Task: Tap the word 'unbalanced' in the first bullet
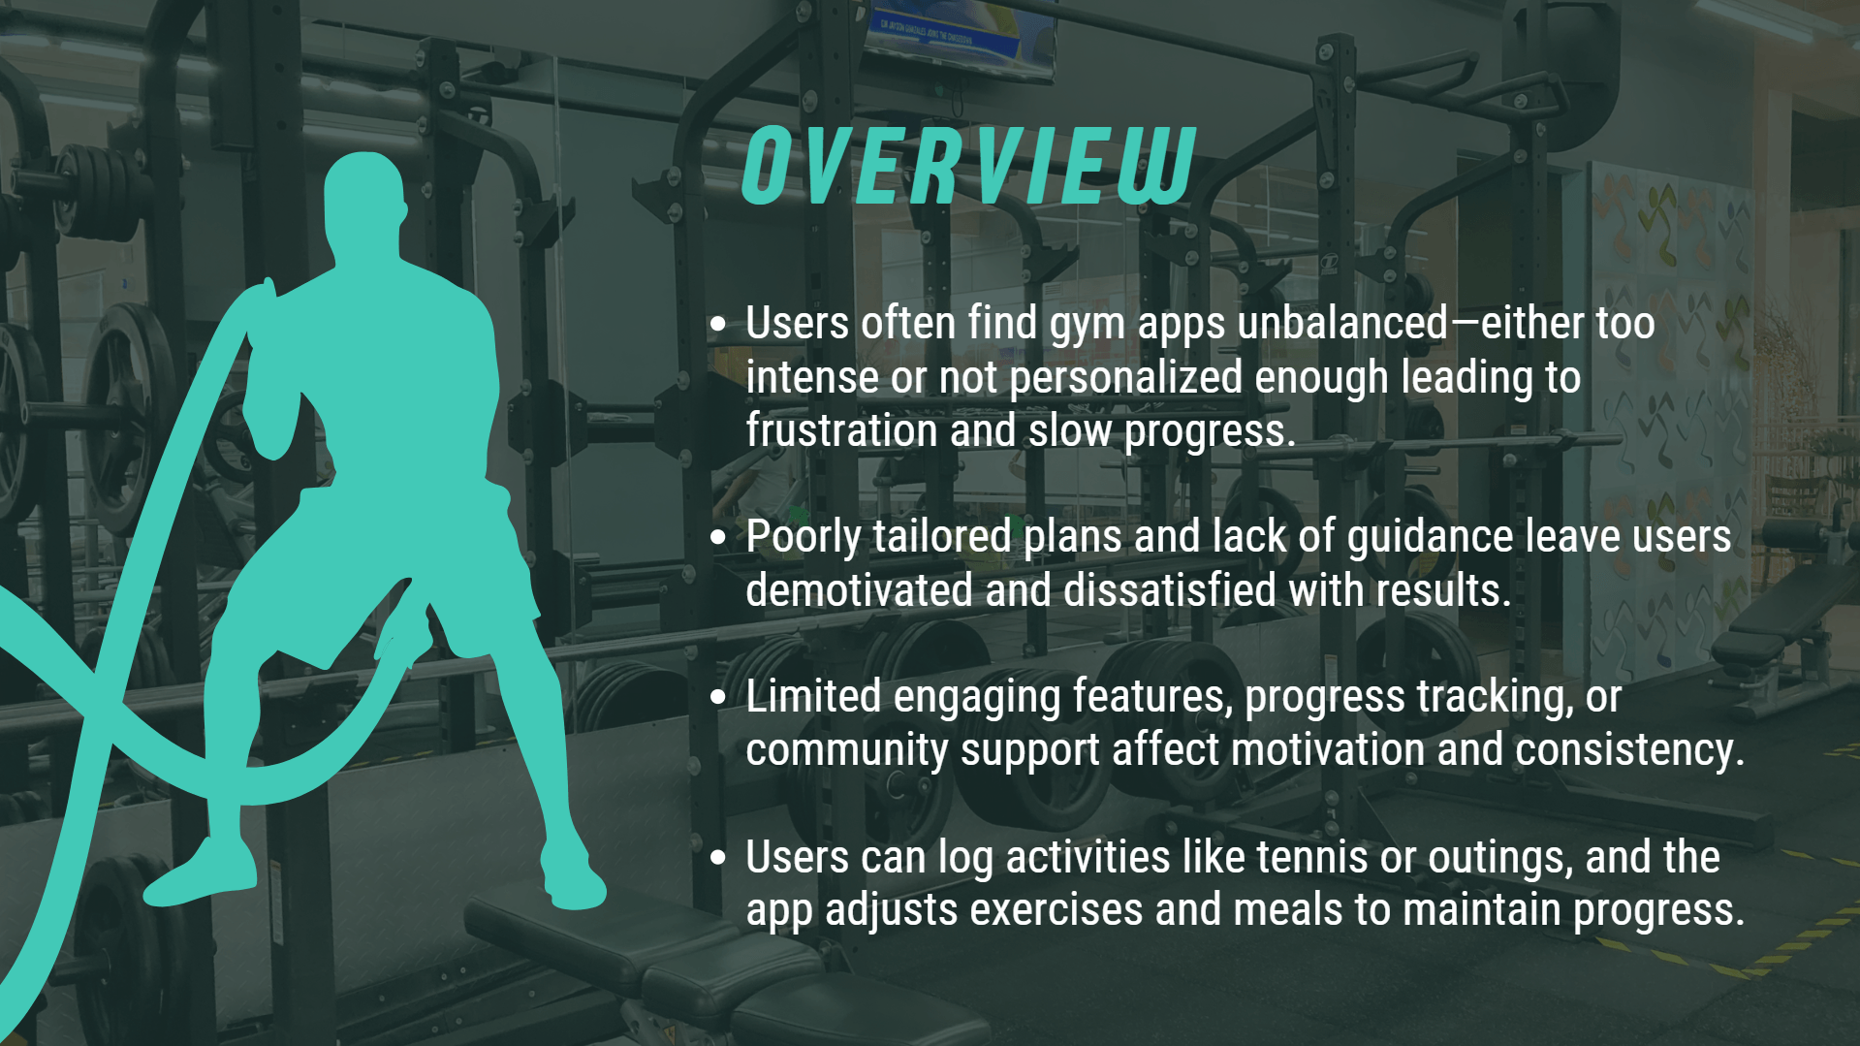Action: pos(1342,324)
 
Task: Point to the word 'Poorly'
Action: pos(804,537)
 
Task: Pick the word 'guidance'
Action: pos(1430,537)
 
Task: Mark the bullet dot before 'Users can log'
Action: pos(717,857)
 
